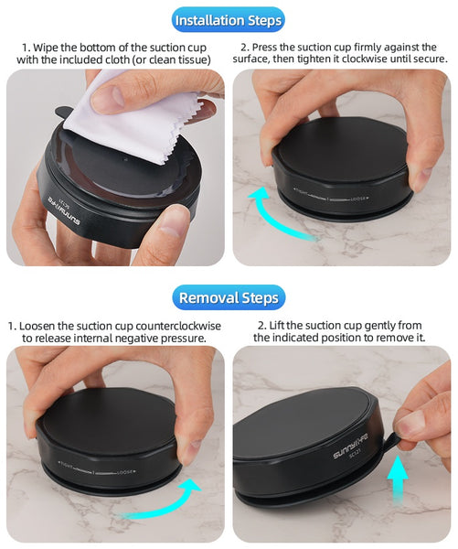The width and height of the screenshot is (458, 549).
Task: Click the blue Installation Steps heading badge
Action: pyautogui.click(x=228, y=20)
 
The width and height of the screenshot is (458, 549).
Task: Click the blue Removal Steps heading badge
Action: pyautogui.click(x=228, y=297)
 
